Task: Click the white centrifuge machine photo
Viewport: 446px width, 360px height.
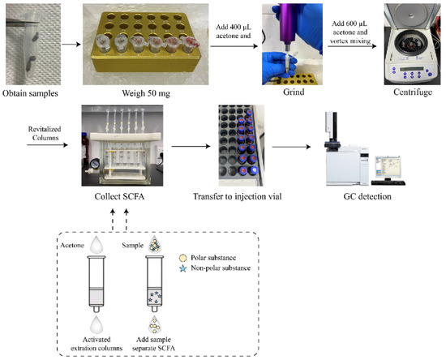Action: (409, 45)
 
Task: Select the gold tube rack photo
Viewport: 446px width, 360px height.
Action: (144, 45)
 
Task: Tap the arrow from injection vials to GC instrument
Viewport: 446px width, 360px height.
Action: (292, 149)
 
